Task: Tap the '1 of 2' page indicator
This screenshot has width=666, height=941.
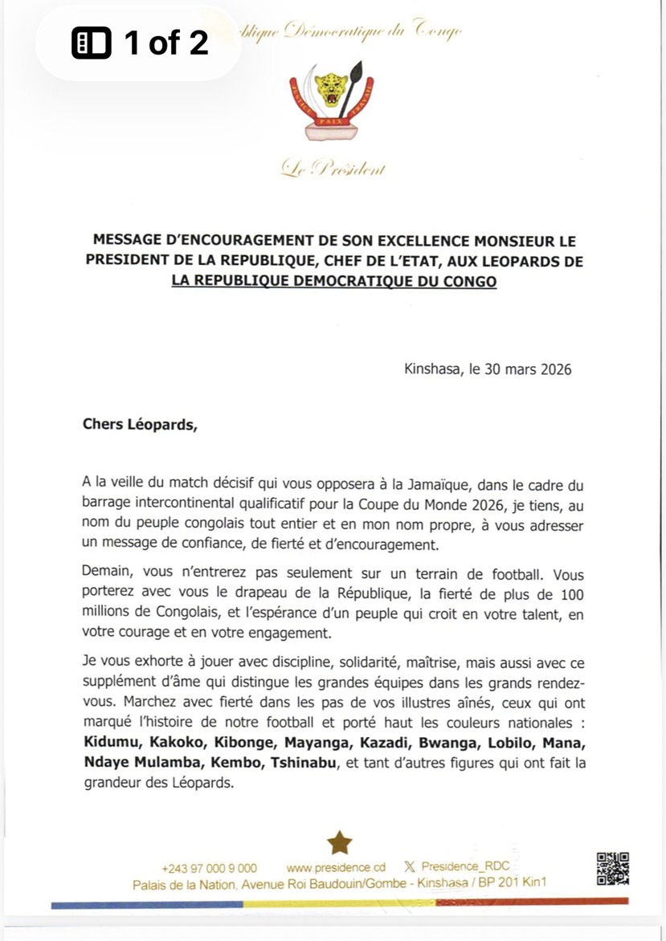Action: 141,43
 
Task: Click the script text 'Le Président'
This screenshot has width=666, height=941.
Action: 333,169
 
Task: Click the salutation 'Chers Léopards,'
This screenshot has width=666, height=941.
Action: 139,425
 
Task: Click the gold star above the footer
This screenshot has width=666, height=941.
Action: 340,842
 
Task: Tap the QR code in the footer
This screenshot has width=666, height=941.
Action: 612,868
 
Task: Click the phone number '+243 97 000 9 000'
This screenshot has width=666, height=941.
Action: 209,868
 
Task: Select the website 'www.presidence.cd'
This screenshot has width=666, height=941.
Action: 336,868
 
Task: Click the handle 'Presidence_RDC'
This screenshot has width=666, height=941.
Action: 465,867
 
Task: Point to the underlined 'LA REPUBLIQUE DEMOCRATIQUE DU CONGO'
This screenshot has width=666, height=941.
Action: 333,281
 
